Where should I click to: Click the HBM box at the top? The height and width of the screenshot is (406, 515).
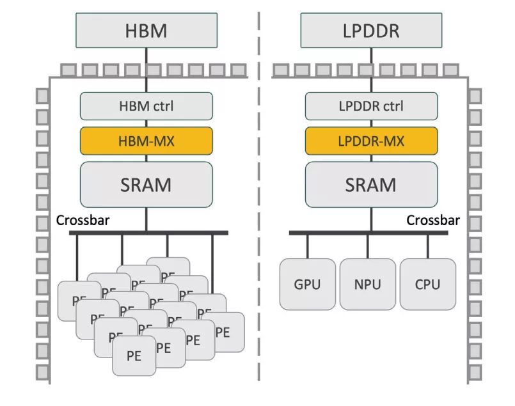click(146, 30)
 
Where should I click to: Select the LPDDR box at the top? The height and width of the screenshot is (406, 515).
click(370, 30)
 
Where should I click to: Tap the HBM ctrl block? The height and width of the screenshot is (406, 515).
click(146, 106)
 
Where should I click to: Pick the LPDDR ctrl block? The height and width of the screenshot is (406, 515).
click(371, 106)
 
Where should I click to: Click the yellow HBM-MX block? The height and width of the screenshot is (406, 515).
click(146, 141)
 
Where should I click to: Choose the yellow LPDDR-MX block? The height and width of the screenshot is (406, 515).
click(371, 141)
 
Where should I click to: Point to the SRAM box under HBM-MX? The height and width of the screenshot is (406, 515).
click(146, 184)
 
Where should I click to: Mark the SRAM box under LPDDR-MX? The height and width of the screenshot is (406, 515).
click(371, 184)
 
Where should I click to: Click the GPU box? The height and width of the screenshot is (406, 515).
click(307, 284)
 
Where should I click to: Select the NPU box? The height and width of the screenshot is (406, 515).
click(367, 284)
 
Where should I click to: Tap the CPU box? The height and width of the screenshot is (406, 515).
click(428, 284)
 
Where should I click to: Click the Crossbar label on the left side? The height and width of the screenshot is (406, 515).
click(83, 221)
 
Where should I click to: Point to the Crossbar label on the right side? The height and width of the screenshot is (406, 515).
click(434, 221)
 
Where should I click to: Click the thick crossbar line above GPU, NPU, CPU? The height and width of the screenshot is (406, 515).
click(368, 233)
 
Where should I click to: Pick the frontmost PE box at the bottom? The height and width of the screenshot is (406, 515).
click(134, 356)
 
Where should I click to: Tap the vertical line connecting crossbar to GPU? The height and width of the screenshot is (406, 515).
click(307, 246)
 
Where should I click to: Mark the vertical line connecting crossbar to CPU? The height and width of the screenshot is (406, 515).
click(428, 246)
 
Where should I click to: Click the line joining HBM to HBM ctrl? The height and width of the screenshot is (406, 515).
click(146, 77)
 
